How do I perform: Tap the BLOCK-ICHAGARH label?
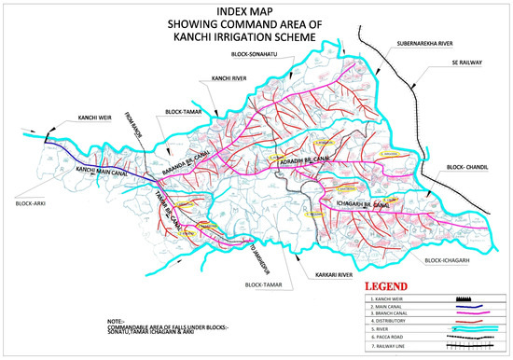(446, 262)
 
